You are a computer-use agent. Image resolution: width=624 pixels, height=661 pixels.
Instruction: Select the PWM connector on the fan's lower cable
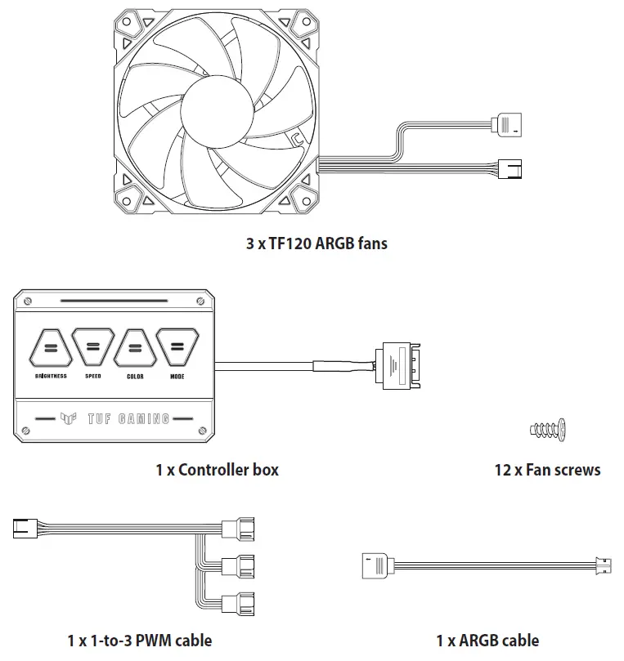pyautogui.click(x=514, y=168)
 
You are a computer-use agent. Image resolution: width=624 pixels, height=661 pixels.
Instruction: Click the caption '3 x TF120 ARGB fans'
pyautogui.click(x=316, y=243)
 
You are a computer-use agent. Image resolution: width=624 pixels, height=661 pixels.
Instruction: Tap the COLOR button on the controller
pyautogui.click(x=135, y=350)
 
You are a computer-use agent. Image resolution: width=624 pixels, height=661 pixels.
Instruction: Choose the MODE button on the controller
pyautogui.click(x=177, y=350)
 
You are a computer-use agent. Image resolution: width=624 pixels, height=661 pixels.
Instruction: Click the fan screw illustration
pyautogui.click(x=548, y=428)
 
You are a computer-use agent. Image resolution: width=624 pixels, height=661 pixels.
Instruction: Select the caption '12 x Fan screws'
pyautogui.click(x=547, y=470)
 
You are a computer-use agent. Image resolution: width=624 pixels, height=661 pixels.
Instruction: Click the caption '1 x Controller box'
pyautogui.click(x=217, y=470)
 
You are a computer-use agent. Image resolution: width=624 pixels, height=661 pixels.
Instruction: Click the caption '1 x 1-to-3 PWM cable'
pyautogui.click(x=139, y=641)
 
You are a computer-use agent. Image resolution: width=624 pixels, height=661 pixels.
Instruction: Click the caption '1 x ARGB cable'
pyautogui.click(x=487, y=641)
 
